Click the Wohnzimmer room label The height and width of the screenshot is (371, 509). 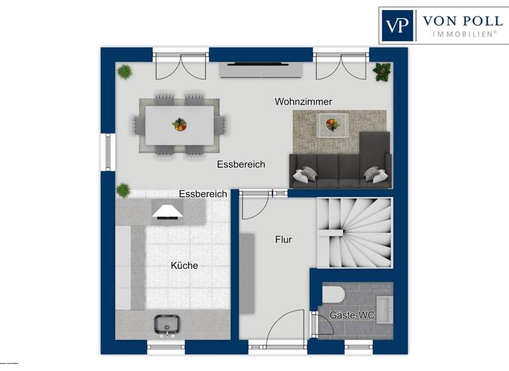(x=304, y=101)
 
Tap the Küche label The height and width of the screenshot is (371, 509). (x=184, y=266)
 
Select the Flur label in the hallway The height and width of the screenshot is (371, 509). (x=284, y=240)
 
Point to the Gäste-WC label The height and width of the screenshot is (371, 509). (x=352, y=315)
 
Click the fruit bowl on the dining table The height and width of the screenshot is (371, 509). (x=179, y=124)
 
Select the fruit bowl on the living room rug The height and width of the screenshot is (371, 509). (x=331, y=123)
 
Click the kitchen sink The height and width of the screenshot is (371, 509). (x=168, y=324)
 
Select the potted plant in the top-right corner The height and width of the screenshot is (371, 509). (x=382, y=71)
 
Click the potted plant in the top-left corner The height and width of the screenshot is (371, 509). (x=125, y=70)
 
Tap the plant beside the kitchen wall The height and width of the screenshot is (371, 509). (x=123, y=190)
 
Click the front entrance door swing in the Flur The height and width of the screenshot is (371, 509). (x=285, y=333)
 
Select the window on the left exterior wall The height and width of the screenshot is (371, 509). (x=107, y=152)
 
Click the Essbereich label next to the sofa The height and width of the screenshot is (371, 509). (x=241, y=164)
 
